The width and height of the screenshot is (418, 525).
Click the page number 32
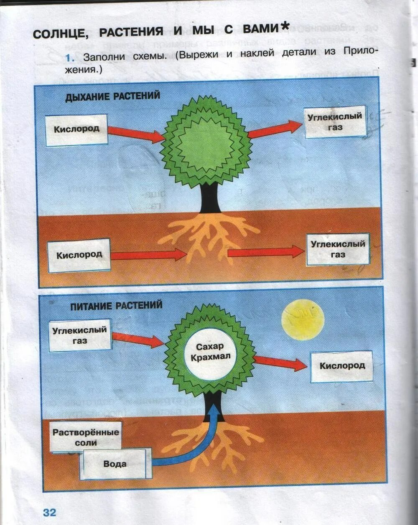[49, 512]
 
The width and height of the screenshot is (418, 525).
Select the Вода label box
[115, 464]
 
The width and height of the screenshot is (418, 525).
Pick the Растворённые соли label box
[86, 437]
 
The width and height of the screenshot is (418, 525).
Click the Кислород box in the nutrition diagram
[342, 366]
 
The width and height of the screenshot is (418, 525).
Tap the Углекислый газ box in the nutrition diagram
[79, 335]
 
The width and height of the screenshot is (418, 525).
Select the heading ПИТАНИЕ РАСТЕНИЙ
[116, 306]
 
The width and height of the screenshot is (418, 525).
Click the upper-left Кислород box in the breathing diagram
[76, 129]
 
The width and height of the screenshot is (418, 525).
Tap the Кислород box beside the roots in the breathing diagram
[79, 255]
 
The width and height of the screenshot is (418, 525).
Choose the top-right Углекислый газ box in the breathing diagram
[335, 122]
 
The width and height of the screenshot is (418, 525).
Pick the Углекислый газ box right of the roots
[338, 249]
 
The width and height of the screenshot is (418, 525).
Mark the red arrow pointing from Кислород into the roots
[148, 254]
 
